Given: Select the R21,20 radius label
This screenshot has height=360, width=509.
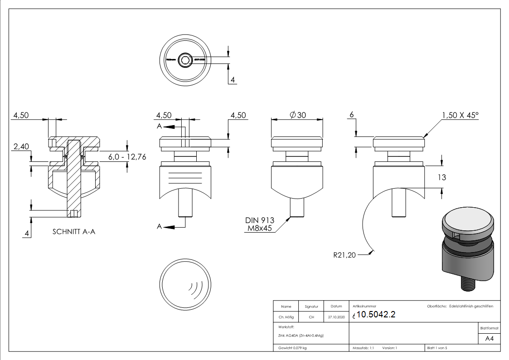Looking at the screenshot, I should [x=344, y=255].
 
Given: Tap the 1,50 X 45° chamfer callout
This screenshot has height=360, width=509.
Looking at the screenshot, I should [x=460, y=115].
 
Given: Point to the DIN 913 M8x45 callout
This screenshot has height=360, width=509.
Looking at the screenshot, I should [x=260, y=224].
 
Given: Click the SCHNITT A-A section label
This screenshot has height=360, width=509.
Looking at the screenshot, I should [x=74, y=231].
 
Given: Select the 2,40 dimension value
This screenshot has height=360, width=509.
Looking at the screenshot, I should [x=21, y=146].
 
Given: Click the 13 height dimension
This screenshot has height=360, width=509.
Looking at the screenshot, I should [x=441, y=177].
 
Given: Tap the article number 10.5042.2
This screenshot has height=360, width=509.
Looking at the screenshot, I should [x=376, y=315].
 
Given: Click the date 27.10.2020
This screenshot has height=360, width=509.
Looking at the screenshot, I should [x=336, y=317].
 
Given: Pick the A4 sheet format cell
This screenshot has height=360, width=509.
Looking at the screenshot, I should [x=489, y=338].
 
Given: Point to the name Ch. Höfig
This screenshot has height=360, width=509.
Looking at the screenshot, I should [x=286, y=317].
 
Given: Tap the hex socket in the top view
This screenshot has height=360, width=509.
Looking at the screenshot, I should [x=185, y=60].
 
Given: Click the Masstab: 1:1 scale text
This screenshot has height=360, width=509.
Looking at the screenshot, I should [x=363, y=348].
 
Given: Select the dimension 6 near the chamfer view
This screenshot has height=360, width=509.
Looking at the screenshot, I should [x=351, y=115].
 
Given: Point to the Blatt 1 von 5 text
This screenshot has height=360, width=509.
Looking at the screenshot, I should [x=437, y=348].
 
